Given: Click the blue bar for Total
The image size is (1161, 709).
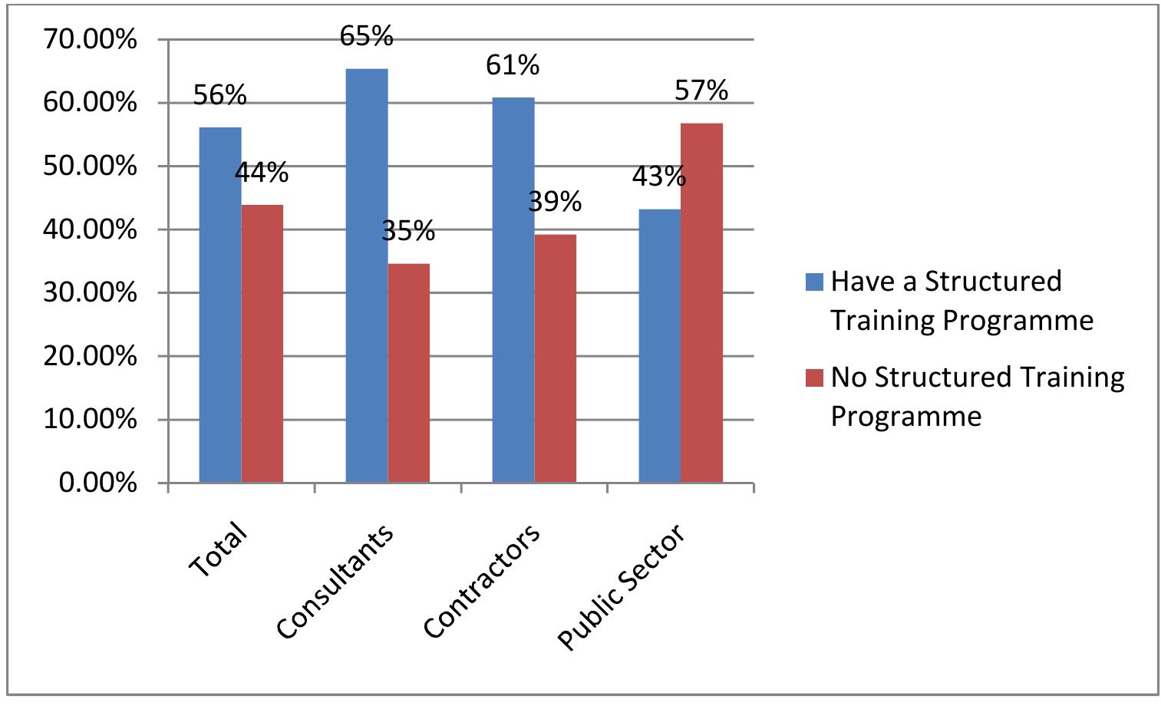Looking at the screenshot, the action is (x=220, y=305).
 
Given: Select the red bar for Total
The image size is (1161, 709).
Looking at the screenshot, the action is (x=262, y=344).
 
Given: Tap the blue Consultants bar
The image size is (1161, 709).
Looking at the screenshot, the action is (x=367, y=275).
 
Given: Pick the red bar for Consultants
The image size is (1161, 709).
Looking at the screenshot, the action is (x=409, y=373).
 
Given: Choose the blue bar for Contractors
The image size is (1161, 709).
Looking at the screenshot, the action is (x=513, y=290).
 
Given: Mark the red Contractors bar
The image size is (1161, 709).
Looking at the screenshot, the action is (x=555, y=358).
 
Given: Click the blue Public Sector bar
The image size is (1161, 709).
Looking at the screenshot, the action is (x=660, y=346).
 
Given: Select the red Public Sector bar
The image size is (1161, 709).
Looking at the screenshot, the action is (x=702, y=302).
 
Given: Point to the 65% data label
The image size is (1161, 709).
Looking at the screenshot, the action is (x=367, y=36).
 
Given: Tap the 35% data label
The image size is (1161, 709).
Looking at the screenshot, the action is (x=408, y=231).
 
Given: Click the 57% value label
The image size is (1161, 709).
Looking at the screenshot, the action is (x=701, y=91).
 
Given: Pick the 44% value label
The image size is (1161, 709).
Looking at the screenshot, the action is (x=262, y=172).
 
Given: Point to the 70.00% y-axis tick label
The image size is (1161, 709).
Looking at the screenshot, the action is (x=91, y=39).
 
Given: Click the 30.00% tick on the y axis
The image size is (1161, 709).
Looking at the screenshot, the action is (x=91, y=293).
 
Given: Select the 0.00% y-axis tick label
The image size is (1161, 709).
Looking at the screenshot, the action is (x=98, y=483).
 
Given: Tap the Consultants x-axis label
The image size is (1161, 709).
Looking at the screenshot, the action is (x=335, y=582).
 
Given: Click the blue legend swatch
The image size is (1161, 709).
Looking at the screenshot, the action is (x=814, y=282).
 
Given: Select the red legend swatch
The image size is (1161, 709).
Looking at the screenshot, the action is (x=814, y=378).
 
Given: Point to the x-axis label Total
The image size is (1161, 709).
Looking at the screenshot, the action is (x=218, y=549).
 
